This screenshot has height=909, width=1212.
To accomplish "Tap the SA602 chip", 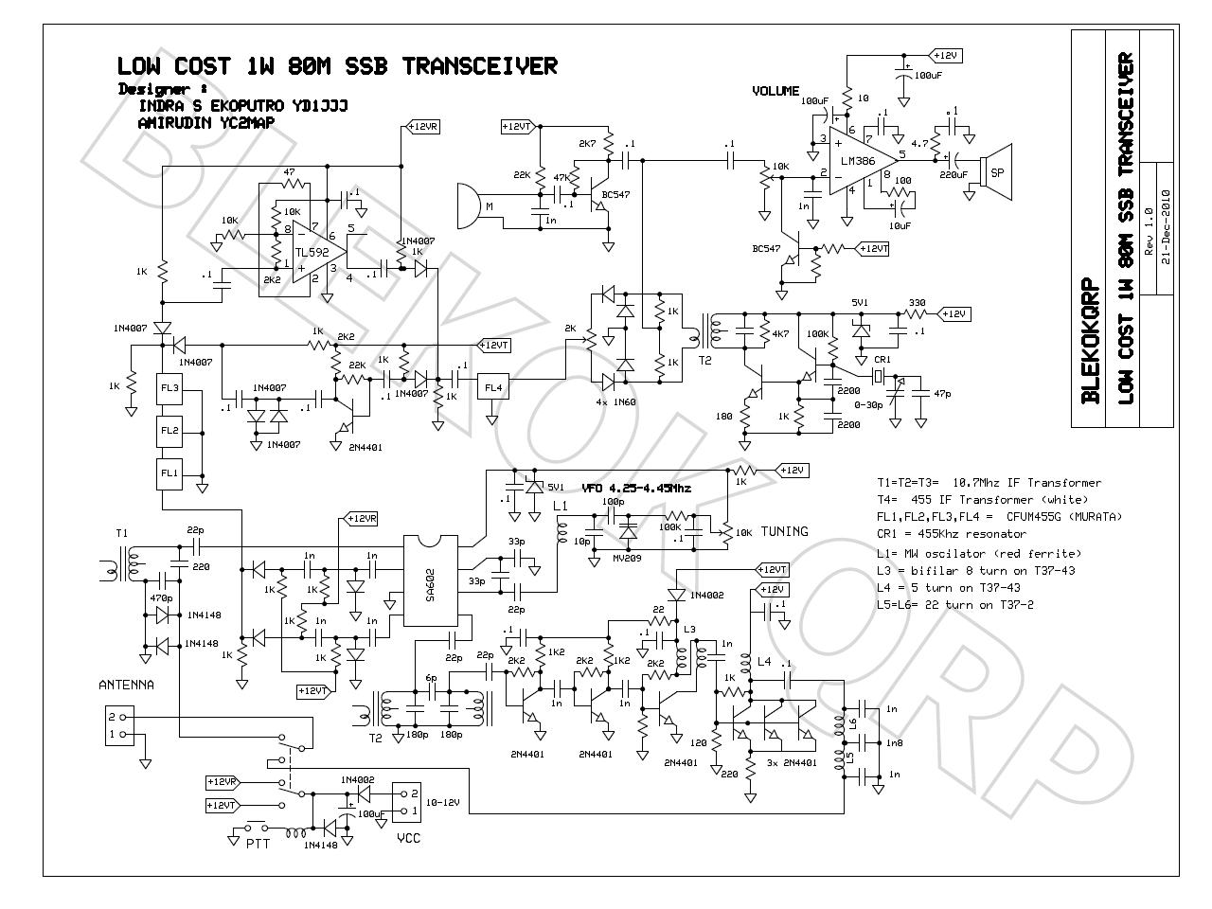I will pos(431,580).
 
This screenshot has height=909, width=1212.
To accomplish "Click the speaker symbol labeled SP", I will pos(997,173).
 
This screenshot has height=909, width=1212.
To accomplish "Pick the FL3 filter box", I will pos(169,389).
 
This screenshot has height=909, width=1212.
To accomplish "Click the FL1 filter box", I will pos(169,472).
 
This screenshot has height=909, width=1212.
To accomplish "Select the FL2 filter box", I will pos(169,431).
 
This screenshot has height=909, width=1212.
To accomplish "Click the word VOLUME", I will pos(775,91).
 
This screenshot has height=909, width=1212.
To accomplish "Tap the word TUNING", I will pos(785,531).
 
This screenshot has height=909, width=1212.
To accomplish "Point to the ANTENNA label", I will pos(127,685).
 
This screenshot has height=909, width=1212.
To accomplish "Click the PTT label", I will pos(258,843).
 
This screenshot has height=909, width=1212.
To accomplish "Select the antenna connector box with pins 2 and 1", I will pos(118,726).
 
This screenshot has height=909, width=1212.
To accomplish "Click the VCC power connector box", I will pos(406,802).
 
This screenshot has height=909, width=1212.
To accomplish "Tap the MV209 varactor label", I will pos(626,558).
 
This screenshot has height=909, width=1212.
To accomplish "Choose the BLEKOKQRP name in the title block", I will pos(1090,341).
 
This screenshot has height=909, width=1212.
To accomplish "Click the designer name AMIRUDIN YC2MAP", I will pos(205,123).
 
